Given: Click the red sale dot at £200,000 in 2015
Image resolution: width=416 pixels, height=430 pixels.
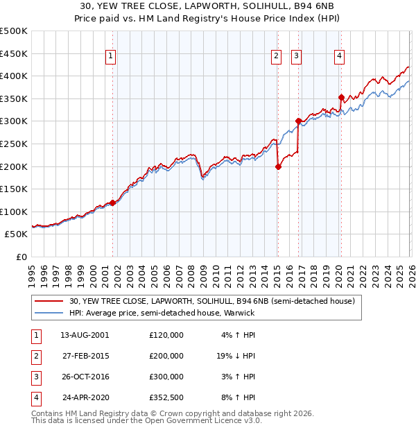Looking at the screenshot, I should tap(278, 166).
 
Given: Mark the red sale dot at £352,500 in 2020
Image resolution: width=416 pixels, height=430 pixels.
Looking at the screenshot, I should tap(341, 97).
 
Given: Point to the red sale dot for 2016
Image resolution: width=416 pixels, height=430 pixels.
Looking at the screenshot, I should tap(297, 121).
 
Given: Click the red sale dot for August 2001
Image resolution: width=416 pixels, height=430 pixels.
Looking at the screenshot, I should tap(113, 203).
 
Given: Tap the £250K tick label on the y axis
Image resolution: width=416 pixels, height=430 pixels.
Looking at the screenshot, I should tap(14, 144).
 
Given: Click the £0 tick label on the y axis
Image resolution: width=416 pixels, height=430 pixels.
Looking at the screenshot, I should tap(21, 257).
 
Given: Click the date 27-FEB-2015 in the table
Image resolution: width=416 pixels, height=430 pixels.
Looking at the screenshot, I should tap(85, 356).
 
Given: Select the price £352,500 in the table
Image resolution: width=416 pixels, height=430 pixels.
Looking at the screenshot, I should tap(166, 398).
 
